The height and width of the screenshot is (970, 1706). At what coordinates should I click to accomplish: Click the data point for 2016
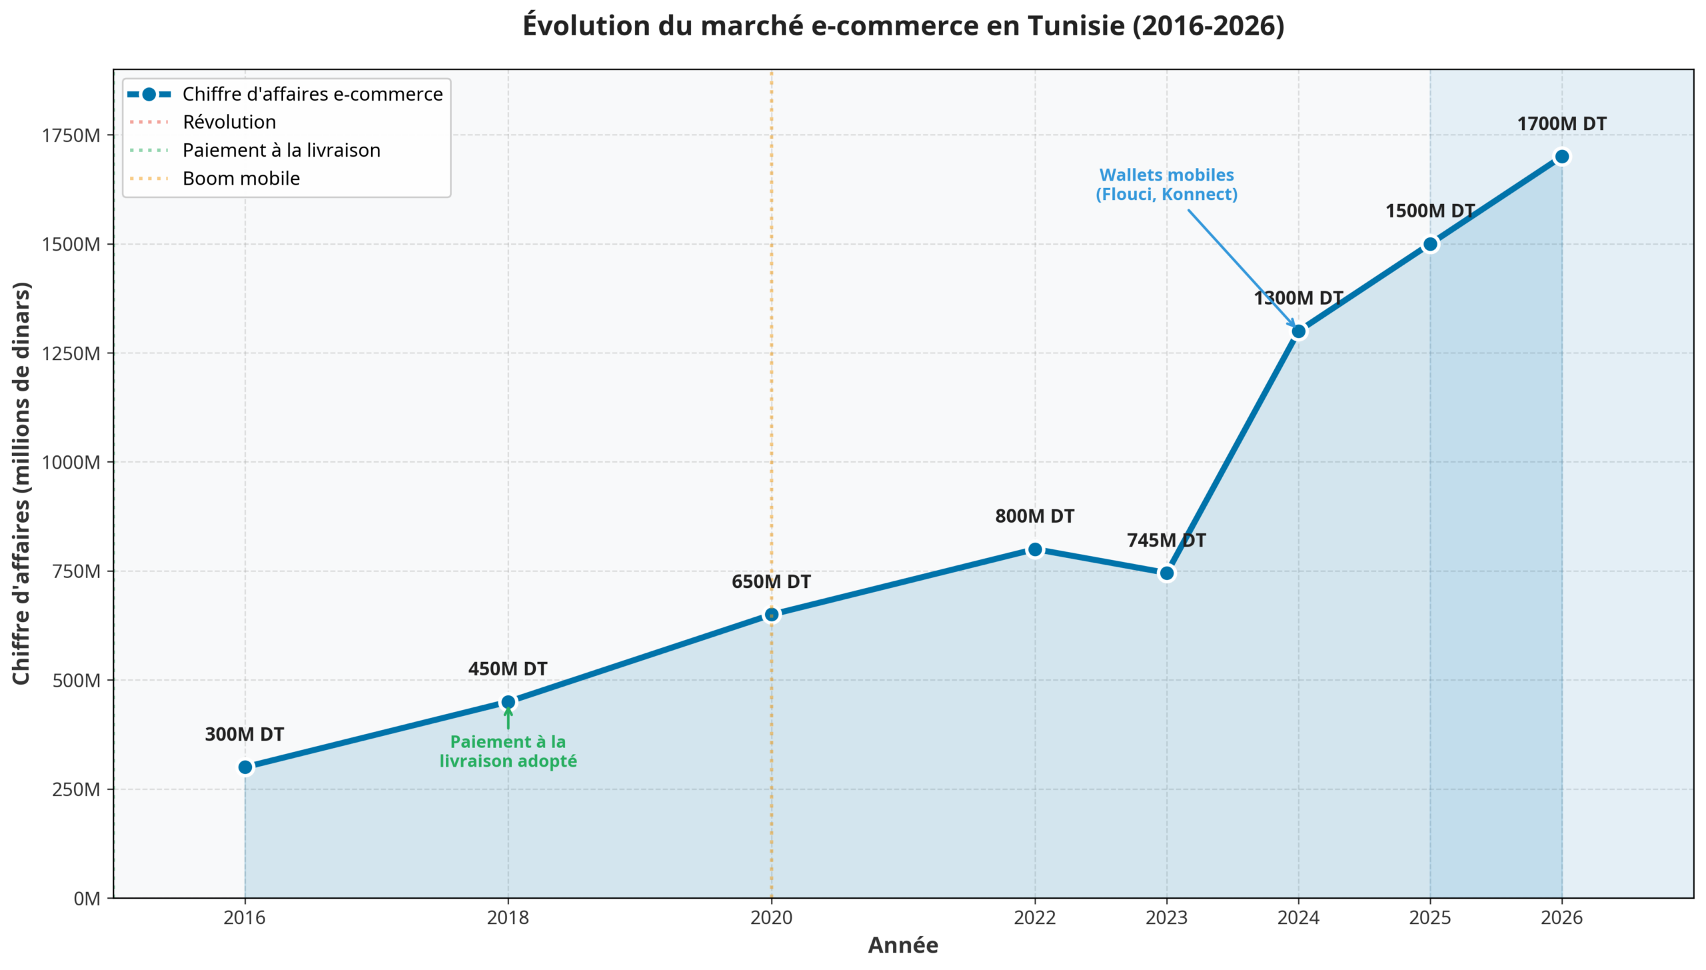pyautogui.click(x=245, y=767)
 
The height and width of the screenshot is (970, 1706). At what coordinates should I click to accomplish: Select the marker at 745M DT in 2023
pyautogui.click(x=1166, y=573)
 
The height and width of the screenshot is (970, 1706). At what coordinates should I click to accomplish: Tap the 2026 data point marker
pyautogui.click(x=1561, y=157)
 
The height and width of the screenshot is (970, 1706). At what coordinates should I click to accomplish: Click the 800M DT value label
pyautogui.click(x=1034, y=516)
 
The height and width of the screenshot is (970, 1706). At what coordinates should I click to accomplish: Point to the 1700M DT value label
pyautogui.click(x=1561, y=124)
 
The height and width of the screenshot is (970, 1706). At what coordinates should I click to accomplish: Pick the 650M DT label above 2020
pyautogui.click(x=771, y=581)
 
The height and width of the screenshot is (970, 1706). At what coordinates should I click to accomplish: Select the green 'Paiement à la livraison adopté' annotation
pyautogui.click(x=508, y=751)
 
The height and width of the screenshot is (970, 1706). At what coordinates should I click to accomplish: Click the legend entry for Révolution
pyautogui.click(x=229, y=122)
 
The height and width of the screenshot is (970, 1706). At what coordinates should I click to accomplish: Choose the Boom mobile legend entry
pyautogui.click(x=241, y=179)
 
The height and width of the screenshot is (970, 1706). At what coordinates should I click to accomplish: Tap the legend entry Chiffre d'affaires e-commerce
pyautogui.click(x=312, y=94)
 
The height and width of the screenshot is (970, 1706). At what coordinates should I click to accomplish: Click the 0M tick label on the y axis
pyautogui.click(x=87, y=899)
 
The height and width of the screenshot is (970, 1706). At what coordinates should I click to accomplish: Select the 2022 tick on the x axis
pyautogui.click(x=1034, y=918)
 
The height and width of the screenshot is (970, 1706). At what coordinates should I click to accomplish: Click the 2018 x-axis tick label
pyautogui.click(x=508, y=918)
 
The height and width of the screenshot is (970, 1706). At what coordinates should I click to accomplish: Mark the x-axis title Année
pyautogui.click(x=903, y=945)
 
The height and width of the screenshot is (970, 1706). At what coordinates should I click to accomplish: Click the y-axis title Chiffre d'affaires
pyautogui.click(x=21, y=483)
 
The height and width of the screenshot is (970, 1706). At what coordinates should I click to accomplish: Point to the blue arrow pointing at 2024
pyautogui.click(x=1241, y=267)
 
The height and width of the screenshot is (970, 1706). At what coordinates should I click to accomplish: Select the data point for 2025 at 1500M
pyautogui.click(x=1429, y=244)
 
